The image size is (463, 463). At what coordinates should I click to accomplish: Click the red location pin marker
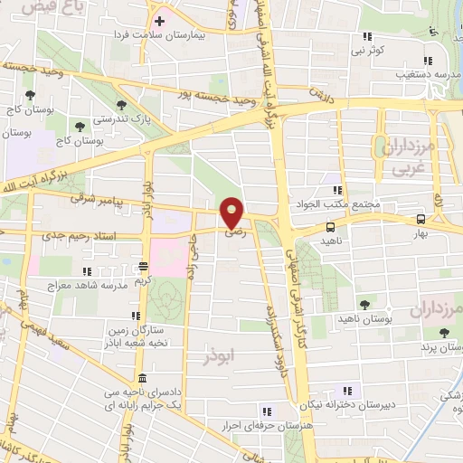click(232, 213)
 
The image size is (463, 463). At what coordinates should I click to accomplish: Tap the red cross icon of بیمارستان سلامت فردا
click(159, 20)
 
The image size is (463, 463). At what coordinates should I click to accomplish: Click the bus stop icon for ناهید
click(329, 227)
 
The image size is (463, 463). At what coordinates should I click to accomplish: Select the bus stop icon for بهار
click(421, 219)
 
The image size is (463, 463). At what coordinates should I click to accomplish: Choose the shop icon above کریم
click(144, 266)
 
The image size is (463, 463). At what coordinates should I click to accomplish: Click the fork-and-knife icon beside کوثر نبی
click(367, 36)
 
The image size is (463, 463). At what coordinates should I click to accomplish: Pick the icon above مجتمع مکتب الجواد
click(336, 190)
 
